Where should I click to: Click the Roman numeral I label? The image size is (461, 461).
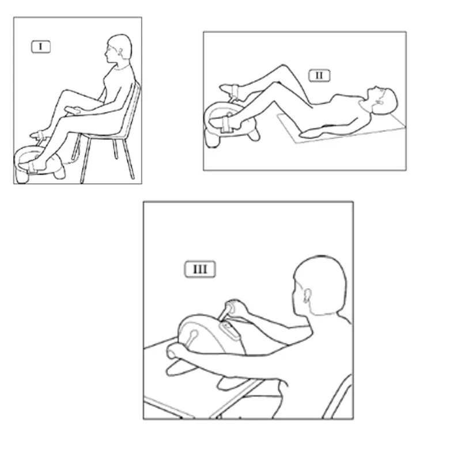[x=41, y=47]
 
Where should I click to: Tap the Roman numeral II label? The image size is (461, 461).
[x=319, y=75]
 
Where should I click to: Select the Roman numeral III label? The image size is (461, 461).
[x=200, y=269]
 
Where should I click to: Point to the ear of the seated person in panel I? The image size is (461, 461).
[x=120, y=52]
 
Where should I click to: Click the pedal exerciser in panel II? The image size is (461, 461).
[x=229, y=123]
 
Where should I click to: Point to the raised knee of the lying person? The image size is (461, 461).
[x=282, y=67]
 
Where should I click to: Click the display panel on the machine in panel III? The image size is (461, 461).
[x=229, y=330]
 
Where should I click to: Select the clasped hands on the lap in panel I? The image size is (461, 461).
[x=74, y=110]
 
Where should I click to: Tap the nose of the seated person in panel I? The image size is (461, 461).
[x=106, y=54]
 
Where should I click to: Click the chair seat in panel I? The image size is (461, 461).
[x=103, y=135]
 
